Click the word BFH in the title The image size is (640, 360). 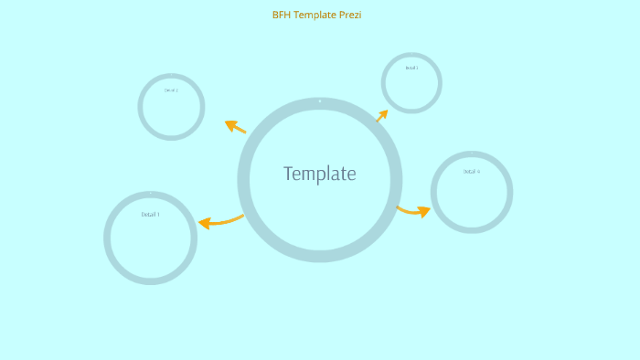click(x=282, y=15)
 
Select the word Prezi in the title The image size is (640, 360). click(x=350, y=15)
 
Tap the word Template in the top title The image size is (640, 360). click(x=315, y=15)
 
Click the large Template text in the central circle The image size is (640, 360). click(x=320, y=174)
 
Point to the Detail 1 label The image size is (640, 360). click(x=150, y=215)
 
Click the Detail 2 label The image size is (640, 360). click(x=171, y=90)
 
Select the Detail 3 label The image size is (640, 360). click(x=411, y=68)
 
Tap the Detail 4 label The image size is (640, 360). click(x=471, y=172)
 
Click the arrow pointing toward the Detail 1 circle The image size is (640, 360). click(x=220, y=220)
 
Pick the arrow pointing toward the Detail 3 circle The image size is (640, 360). click(x=381, y=116)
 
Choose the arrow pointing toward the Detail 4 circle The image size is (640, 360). click(x=413, y=211)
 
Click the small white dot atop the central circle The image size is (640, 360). click(x=320, y=101)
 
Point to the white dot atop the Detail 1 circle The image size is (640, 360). click(x=150, y=194)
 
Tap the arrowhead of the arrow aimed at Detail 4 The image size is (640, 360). click(x=423, y=212)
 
